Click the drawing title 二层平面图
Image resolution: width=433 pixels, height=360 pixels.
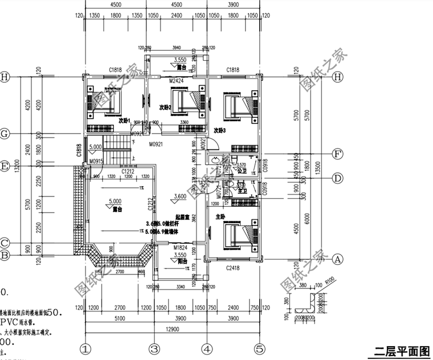(401, 351)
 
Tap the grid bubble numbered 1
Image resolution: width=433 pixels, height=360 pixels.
(85, 349)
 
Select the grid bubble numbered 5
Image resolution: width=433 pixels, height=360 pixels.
(260, 349)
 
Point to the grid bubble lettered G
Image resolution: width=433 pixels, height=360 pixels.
(6, 134)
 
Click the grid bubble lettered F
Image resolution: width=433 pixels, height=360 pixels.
(338, 154)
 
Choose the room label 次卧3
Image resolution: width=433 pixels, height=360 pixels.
(219, 131)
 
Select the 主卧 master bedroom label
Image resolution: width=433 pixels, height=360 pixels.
(221, 217)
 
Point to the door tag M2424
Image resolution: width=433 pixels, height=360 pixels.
(177, 81)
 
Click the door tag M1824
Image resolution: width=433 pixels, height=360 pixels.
(181, 247)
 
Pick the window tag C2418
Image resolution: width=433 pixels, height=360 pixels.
(233, 268)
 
